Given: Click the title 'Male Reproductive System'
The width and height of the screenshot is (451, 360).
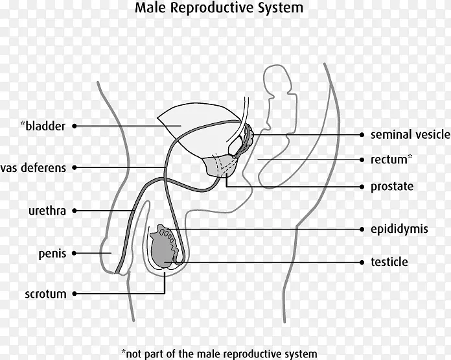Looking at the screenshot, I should [218, 9].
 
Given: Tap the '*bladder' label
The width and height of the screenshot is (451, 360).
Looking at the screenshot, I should [43, 126].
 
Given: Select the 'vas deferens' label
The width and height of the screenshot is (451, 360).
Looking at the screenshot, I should [34, 168].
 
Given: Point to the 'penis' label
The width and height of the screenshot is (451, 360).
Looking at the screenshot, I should [52, 254].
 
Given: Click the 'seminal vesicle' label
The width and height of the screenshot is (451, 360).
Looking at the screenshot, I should [410, 135].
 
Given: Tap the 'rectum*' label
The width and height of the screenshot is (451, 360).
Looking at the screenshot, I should [391, 159].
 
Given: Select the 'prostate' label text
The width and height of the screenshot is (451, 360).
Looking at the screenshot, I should [391, 187].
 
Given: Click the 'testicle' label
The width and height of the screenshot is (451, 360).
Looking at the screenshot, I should [389, 262].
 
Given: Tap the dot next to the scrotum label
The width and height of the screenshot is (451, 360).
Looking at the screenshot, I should [75, 294].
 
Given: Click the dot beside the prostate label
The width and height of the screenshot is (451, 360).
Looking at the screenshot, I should [362, 187].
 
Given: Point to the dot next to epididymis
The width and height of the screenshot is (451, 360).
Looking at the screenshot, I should [362, 229].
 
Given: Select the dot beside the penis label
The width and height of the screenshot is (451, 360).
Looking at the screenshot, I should [75, 254].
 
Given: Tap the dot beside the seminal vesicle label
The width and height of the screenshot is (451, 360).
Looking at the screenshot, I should [362, 135].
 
